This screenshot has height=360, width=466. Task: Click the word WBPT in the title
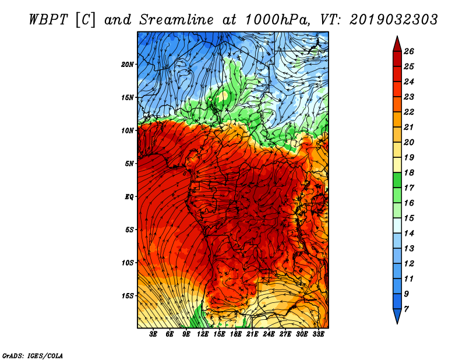pyautogui.click(x=49, y=20)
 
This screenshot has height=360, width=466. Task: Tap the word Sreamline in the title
pyautogui.click(x=176, y=20)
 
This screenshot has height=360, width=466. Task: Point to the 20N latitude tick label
pyautogui.click(x=128, y=65)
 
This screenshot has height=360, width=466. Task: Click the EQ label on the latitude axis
pyautogui.click(x=129, y=197)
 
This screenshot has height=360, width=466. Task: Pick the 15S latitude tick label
pyautogui.click(x=128, y=296)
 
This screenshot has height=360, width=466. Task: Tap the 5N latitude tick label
pyautogui.click(x=129, y=164)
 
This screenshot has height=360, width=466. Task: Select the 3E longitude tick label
pyautogui.click(x=153, y=334)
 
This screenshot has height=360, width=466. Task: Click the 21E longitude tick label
pyautogui.click(x=252, y=334)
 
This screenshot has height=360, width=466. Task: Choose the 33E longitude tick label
pyautogui.click(x=318, y=334)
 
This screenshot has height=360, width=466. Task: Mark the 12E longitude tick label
pyautogui.click(x=203, y=334)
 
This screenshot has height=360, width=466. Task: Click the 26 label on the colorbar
pyautogui.click(x=409, y=51)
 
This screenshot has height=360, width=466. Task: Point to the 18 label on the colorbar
pyautogui.click(x=409, y=172)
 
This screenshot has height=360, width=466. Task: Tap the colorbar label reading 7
pyautogui.click(x=406, y=309)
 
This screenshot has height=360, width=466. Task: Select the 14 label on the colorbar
pyautogui.click(x=409, y=234)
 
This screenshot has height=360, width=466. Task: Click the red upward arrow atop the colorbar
pyautogui.click(x=397, y=44)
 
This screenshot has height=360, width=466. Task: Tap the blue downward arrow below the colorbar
pyautogui.click(x=397, y=316)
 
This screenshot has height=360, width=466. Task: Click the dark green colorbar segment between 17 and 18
pyautogui.click(x=397, y=180)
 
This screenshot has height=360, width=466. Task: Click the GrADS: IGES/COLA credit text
pyautogui.click(x=33, y=355)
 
